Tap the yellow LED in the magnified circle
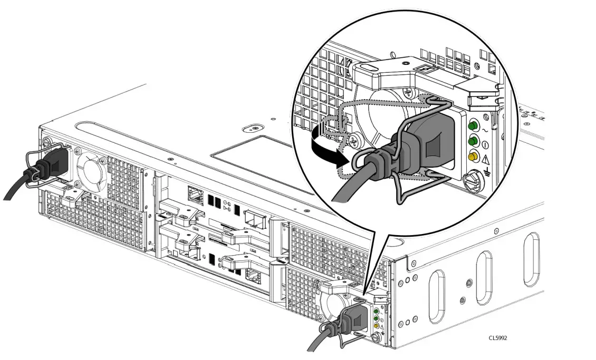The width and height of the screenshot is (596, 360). click(473, 157)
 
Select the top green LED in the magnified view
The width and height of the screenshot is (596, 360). click(473, 125)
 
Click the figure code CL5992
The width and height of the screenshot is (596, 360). click(497, 338)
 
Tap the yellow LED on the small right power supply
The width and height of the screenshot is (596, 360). click(376, 326)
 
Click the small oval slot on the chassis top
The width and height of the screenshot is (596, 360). click(254, 128)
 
